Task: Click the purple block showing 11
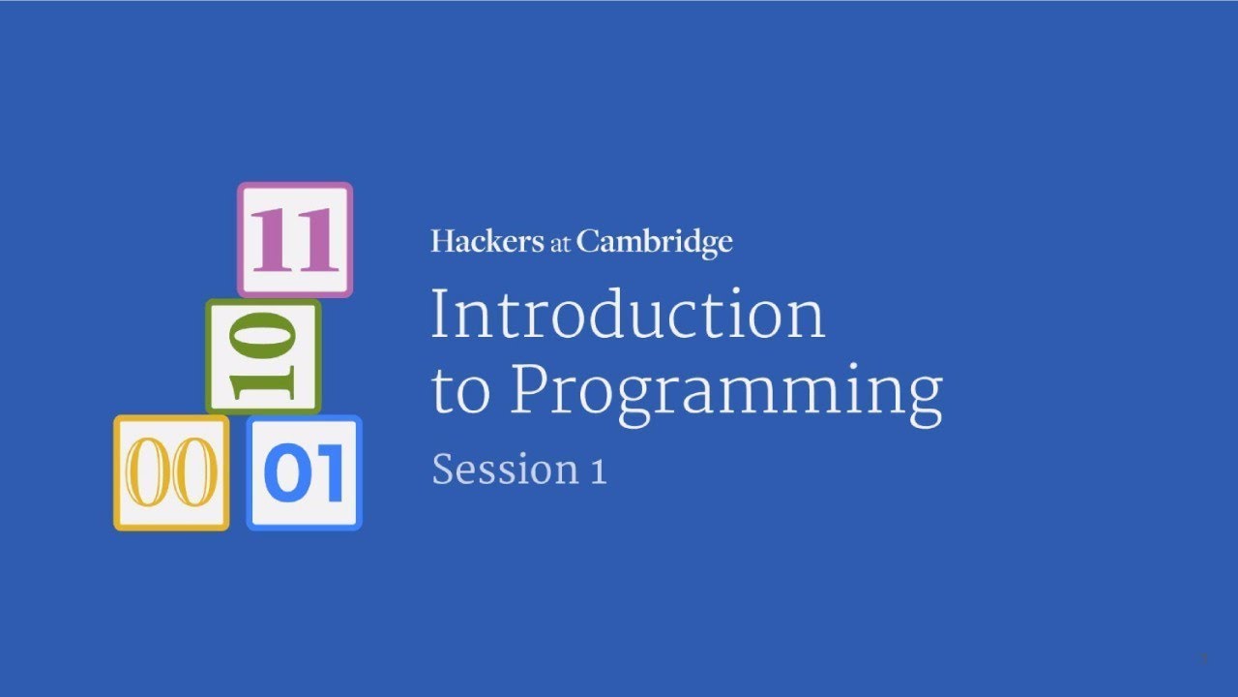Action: (295, 239)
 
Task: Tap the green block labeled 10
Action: (262, 357)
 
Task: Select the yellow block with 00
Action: (171, 472)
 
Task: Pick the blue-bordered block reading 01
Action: (304, 472)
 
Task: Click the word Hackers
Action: (487, 241)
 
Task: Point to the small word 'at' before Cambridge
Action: (561, 244)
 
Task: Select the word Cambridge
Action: (655, 243)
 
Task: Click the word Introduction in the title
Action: (628, 314)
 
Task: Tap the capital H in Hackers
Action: (444, 241)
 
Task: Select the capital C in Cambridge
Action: (589, 241)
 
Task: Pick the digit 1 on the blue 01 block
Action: (327, 473)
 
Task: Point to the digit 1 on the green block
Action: (262, 383)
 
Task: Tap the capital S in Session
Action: (443, 470)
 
